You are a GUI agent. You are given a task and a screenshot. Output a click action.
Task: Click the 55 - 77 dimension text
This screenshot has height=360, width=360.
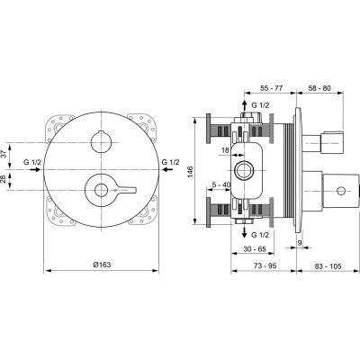[272, 90]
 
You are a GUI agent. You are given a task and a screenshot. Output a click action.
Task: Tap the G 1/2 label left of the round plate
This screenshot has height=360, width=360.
[30, 162]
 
